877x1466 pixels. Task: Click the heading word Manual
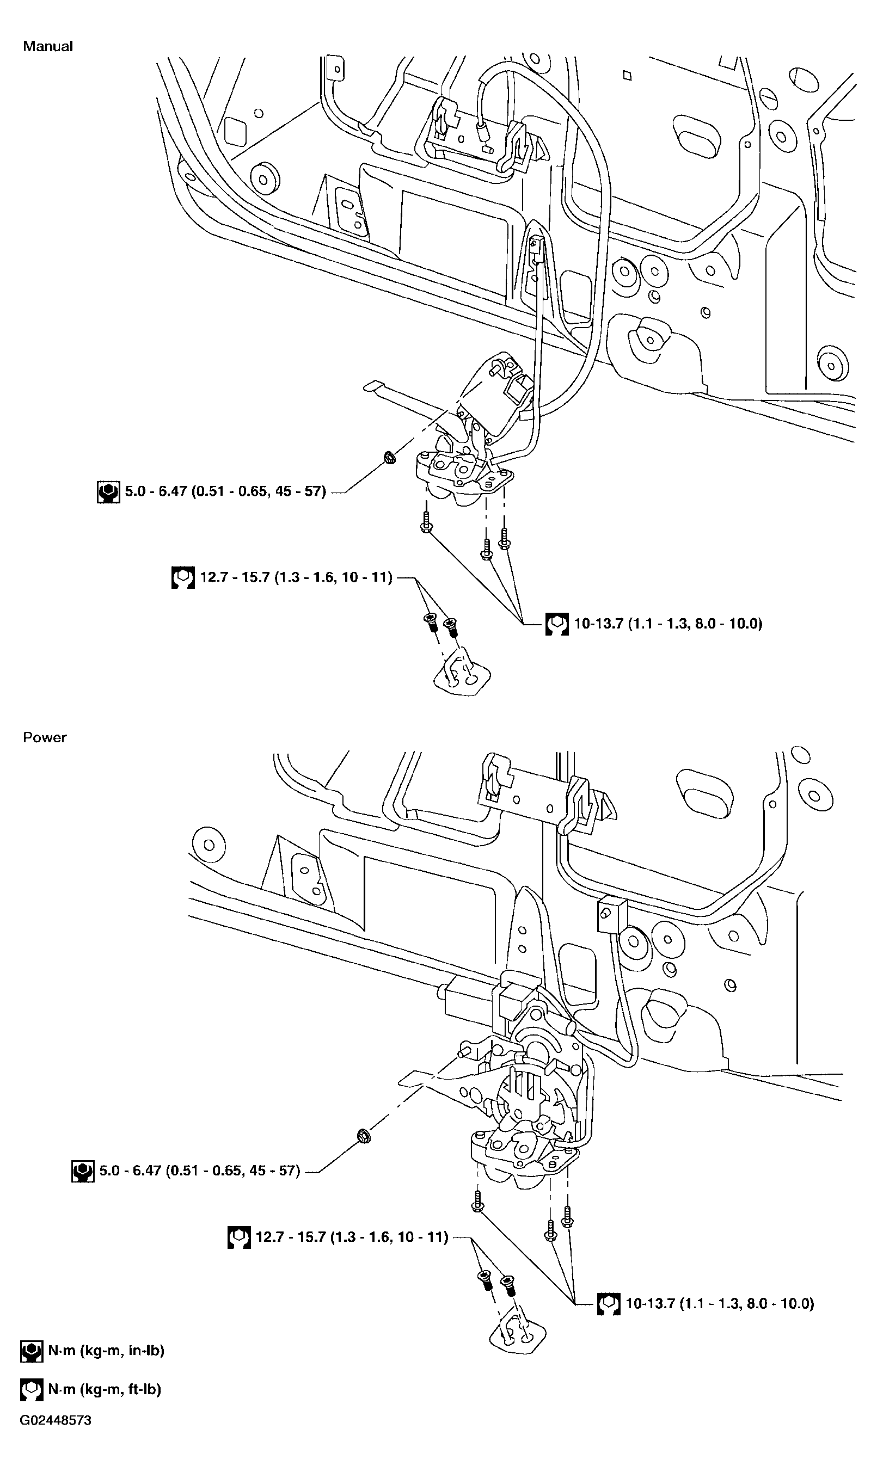[47, 46]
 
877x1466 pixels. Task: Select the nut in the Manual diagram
[389, 456]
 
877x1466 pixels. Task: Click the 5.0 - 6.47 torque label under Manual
[225, 491]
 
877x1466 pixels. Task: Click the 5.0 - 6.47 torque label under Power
[200, 1170]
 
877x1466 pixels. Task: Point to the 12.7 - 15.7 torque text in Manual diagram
[296, 577]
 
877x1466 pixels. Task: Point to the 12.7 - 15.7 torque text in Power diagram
[352, 1237]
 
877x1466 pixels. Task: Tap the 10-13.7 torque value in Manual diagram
[668, 624]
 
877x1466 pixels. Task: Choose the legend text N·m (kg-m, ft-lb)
[105, 1389]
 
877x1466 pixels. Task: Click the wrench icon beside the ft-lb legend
[32, 1390]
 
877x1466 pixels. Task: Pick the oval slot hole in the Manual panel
[699, 137]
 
